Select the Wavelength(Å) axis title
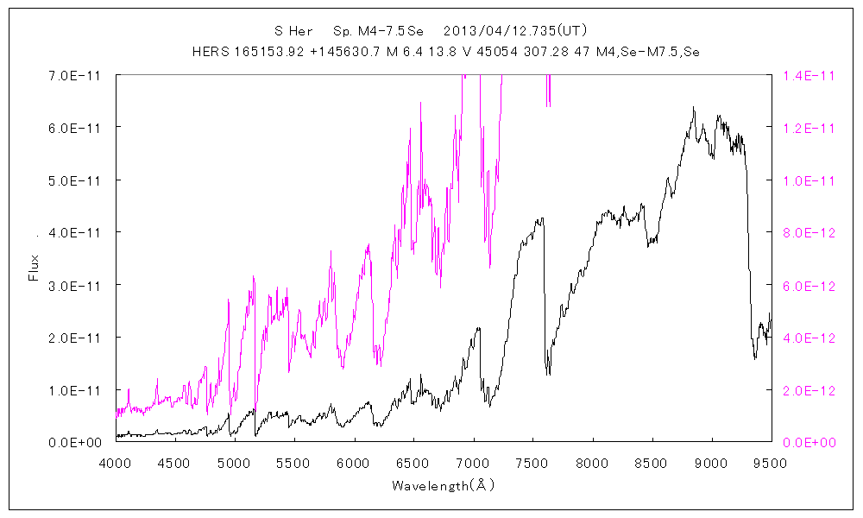click(443, 485)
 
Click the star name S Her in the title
click(293, 31)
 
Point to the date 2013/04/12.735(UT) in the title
click(515, 31)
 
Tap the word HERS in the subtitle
click(211, 52)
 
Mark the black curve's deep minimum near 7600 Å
click(547, 373)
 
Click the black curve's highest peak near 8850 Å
click(693, 108)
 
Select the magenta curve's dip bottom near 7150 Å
click(490, 267)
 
